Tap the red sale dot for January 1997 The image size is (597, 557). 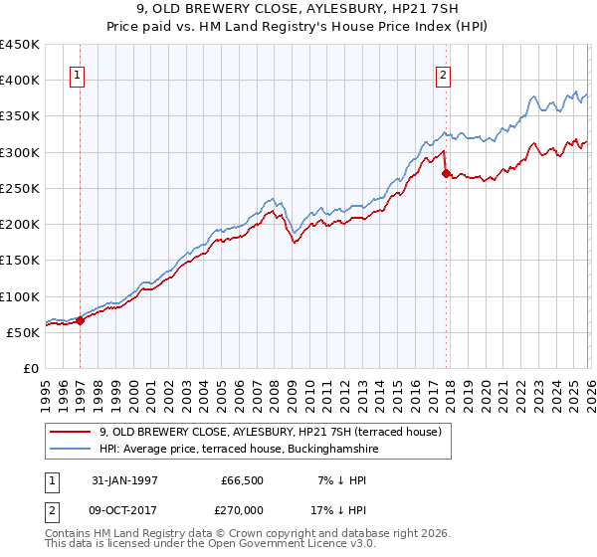(x=81, y=319)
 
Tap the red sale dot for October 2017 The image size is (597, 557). (x=445, y=172)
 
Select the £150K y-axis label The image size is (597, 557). (x=20, y=261)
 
